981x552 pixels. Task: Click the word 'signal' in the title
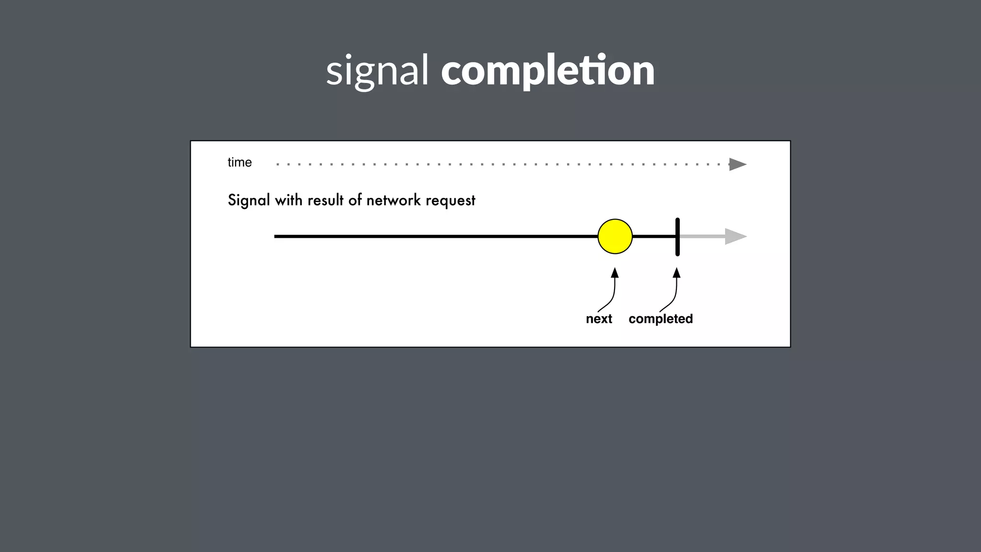(x=377, y=71)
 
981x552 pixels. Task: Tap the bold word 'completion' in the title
(x=548, y=71)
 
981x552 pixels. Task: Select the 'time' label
(x=240, y=162)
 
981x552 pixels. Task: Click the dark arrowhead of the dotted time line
(x=737, y=164)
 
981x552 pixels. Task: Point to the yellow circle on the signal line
(x=615, y=236)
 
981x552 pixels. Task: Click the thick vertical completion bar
(x=677, y=237)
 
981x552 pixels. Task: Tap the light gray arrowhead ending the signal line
(x=735, y=236)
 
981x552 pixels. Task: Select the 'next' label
(x=599, y=319)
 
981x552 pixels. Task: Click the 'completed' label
(x=661, y=319)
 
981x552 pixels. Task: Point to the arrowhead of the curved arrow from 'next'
(x=615, y=273)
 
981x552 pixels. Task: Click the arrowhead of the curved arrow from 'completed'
(x=677, y=273)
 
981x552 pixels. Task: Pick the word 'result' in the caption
(x=325, y=200)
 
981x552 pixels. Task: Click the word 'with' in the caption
(x=288, y=200)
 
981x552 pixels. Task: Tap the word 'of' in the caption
(x=355, y=200)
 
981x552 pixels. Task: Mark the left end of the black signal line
(x=276, y=236)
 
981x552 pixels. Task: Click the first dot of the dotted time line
(x=278, y=164)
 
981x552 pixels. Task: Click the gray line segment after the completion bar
(x=702, y=236)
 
